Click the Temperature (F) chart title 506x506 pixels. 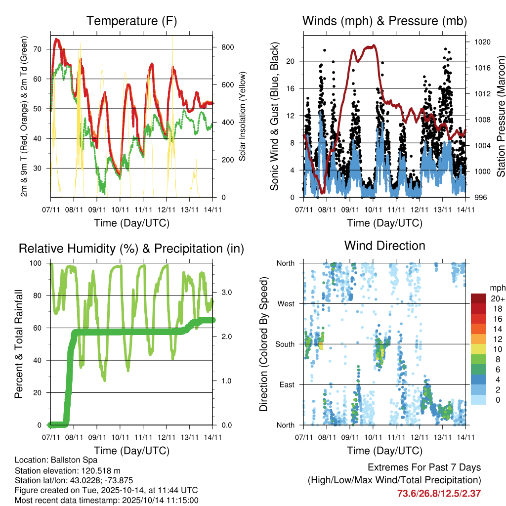click(131, 21)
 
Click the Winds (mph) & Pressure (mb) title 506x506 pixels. click(384, 21)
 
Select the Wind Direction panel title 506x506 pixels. click(384, 246)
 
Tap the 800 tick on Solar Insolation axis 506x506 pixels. click(224, 47)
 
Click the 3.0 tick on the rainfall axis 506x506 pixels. click(224, 292)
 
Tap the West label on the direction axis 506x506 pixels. click(286, 303)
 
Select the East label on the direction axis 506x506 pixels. click(287, 384)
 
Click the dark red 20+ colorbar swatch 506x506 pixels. click(478, 299)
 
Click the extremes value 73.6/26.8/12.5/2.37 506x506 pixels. click(439, 493)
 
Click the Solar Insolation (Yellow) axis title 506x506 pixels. click(243, 117)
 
